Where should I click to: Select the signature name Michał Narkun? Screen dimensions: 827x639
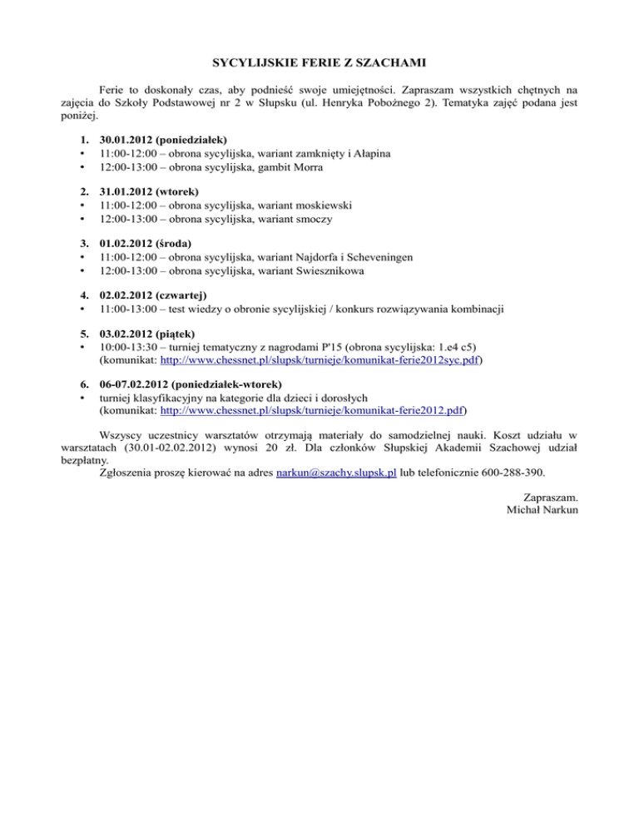pyautogui.click(x=541, y=509)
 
